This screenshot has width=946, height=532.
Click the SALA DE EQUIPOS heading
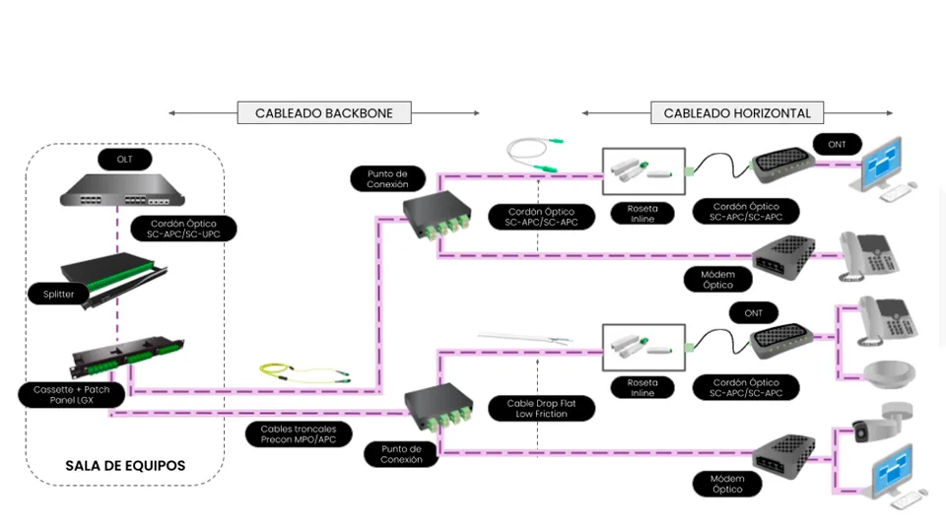tap(125, 465)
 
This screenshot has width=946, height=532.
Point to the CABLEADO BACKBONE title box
tap(323, 113)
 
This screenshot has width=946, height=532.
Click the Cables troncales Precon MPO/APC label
tap(298, 434)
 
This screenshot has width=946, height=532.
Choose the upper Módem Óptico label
tap(718, 279)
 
